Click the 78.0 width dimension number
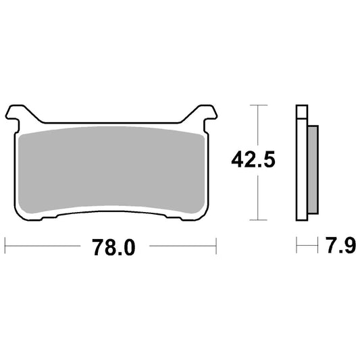click(114, 247)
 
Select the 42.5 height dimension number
click(253, 159)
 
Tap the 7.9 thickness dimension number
click(342, 245)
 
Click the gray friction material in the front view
click(111, 170)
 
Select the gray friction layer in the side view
click(313, 170)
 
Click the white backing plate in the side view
click(302, 170)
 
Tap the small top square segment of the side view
click(302, 112)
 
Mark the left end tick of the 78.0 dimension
click(5, 246)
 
